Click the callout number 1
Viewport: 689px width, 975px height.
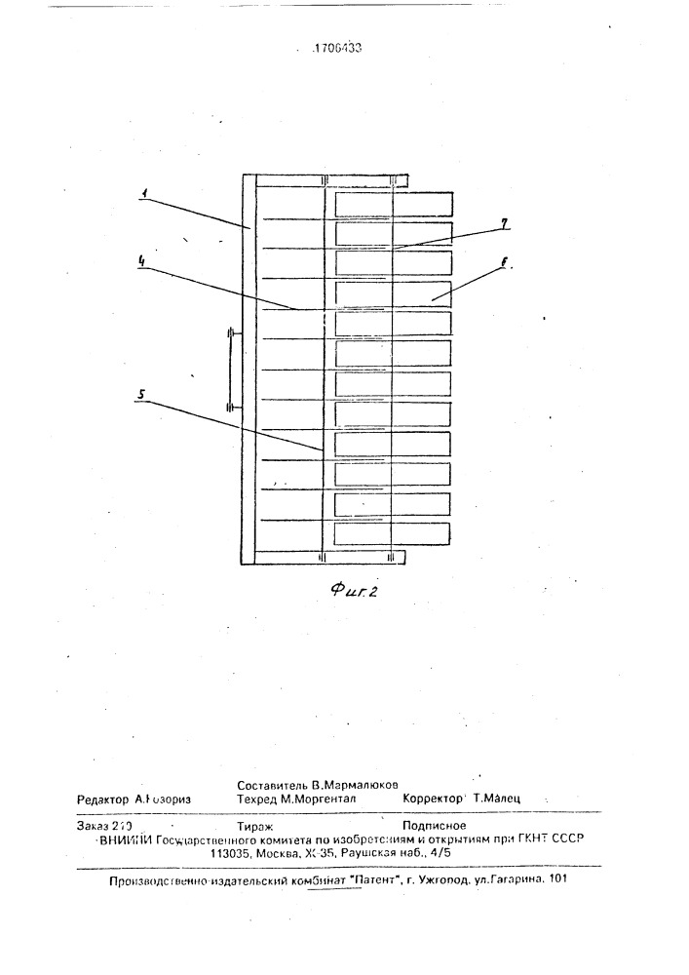(143, 194)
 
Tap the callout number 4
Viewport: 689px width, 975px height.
(143, 261)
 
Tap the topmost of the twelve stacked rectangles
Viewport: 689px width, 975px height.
(395, 203)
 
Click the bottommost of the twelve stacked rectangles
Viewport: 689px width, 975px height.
(393, 533)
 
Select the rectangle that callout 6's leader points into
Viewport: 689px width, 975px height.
(395, 293)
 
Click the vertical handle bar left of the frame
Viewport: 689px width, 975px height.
(231, 371)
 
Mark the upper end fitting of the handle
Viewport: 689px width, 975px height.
(231, 334)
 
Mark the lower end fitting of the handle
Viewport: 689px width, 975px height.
(231, 409)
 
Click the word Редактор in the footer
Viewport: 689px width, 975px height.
(103, 798)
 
